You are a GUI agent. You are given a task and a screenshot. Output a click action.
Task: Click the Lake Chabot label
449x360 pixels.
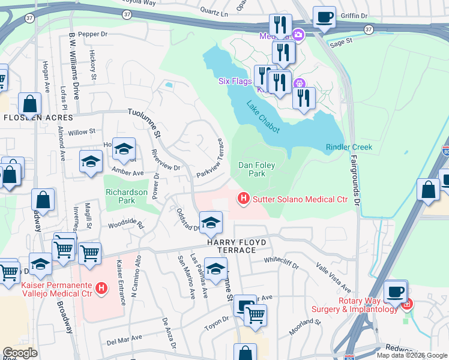click(264, 116)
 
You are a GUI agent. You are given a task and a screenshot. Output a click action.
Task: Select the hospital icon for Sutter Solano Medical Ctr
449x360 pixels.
click(243, 197)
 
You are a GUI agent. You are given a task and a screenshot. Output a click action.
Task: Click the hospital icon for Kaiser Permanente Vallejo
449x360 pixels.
click(101, 289)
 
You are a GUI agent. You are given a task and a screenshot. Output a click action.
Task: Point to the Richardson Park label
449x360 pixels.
click(126, 197)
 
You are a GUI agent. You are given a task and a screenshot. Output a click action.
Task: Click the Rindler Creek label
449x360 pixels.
click(349, 147)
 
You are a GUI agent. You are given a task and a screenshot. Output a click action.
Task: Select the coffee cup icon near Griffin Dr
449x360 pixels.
click(325, 17)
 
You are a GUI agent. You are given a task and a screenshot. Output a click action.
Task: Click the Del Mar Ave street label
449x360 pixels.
click(123, 342)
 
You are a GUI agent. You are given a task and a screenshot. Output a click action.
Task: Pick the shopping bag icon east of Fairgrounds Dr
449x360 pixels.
click(429, 190)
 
